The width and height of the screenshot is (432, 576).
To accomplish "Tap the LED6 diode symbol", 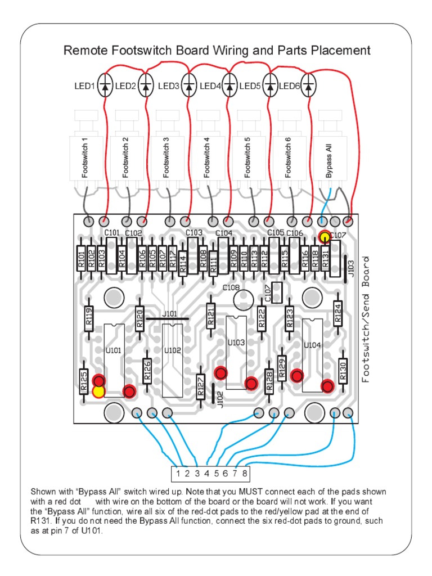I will pyautogui.click(x=309, y=86).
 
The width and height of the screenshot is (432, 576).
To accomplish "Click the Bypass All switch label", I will pyautogui.click(x=329, y=161).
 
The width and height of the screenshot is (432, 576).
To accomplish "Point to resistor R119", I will pyautogui.click(x=88, y=318).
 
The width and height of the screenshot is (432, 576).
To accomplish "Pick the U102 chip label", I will pyautogui.click(x=172, y=350).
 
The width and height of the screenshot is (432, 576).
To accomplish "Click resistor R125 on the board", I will pyautogui.click(x=83, y=381).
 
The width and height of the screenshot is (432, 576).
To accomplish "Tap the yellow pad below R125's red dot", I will pyautogui.click(x=99, y=391).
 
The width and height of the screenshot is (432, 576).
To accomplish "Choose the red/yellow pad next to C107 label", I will pyautogui.click(x=324, y=237).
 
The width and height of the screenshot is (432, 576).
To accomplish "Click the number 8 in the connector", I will pyautogui.click(x=245, y=472).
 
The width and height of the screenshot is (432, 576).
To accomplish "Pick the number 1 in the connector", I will pyautogui.click(x=178, y=472).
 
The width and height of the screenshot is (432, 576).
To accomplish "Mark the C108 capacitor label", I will pyautogui.click(x=231, y=287).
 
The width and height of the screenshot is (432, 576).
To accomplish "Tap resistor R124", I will pyautogui.click(x=337, y=313).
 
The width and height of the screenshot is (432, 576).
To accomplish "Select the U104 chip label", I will pyautogui.click(x=312, y=345).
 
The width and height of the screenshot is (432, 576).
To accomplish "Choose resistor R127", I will pyautogui.click(x=201, y=387).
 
